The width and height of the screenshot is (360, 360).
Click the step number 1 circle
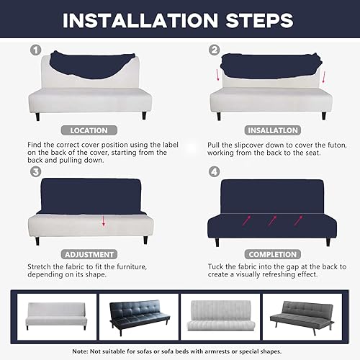click(x=36, y=50)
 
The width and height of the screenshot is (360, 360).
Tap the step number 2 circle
click(x=215, y=50)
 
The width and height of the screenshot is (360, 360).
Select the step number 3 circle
click(x=36, y=171)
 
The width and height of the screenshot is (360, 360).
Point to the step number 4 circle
click(x=215, y=171)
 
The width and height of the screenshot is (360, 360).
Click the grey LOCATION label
click(x=89, y=130)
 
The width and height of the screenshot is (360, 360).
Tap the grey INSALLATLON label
click(x=273, y=130)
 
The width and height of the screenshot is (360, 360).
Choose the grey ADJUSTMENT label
click(x=89, y=254)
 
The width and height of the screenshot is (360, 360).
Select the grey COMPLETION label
click(x=273, y=254)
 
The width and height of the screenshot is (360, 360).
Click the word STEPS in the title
click(x=259, y=20)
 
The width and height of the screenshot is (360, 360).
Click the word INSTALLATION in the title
click(x=140, y=20)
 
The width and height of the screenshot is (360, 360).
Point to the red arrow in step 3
click(x=104, y=221)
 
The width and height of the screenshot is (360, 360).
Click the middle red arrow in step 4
click(x=272, y=220)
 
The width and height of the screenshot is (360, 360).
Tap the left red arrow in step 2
click(x=217, y=75)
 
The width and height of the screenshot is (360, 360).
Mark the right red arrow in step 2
click(x=324, y=76)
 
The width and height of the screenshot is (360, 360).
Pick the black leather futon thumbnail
click(x=139, y=317)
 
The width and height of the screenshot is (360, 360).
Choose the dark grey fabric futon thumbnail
click(x=302, y=317)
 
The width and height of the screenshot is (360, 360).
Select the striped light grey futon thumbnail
click(x=220, y=316)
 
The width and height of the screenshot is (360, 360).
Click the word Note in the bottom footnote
click(x=81, y=351)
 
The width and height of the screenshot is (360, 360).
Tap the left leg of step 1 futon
click(x=37, y=117)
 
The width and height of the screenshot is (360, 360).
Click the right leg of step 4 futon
click(x=328, y=242)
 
